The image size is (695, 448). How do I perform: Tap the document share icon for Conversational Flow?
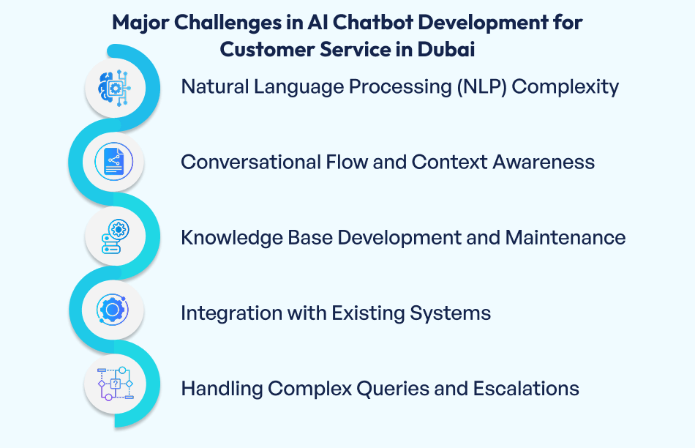tap(113, 162)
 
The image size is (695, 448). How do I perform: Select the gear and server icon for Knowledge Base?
tap(114, 237)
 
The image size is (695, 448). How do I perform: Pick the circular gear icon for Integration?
tap(113, 311)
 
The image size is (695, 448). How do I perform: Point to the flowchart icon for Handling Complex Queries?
tap(114, 386)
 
